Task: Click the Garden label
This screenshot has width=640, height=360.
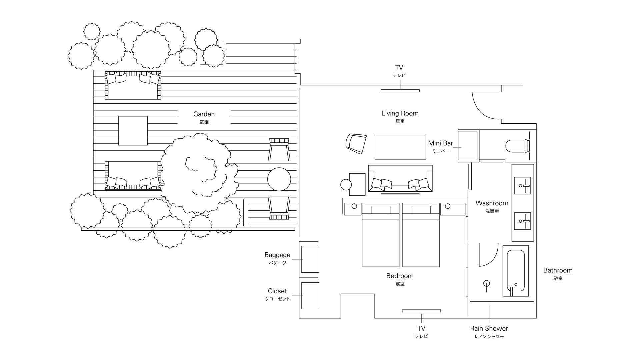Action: pos(204,114)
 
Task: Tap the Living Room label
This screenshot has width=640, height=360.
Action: pos(400,113)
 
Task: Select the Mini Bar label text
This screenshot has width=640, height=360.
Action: pos(441,143)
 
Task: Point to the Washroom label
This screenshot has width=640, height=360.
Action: pos(492,203)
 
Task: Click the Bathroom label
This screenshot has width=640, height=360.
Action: pos(558,270)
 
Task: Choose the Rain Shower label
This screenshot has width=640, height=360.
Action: pos(489,328)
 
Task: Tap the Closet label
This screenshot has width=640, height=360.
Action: pos(277,291)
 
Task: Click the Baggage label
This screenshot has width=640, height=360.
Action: pos(277,255)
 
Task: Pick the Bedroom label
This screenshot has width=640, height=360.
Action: pos(400,276)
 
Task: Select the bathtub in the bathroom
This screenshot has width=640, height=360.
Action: pos(516,271)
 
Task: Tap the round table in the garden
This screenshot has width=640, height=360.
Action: pos(279,179)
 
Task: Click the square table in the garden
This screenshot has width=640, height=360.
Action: pos(133,131)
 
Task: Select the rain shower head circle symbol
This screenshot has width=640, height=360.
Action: pos(487,283)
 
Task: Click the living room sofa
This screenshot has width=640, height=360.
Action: pos(400,178)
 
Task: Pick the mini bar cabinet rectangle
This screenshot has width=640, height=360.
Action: pos(467,146)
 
